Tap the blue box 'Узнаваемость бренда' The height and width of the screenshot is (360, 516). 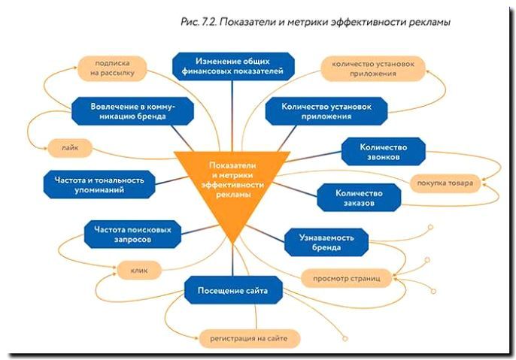pyautogui.click(x=326, y=241)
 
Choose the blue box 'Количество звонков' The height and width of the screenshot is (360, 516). pyautogui.click(x=383, y=152)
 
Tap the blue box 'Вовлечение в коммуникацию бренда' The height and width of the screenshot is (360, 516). pyautogui.click(x=134, y=111)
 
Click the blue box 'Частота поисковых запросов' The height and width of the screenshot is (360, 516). pyautogui.click(x=132, y=235)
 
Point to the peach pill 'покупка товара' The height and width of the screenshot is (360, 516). pyautogui.click(x=445, y=182)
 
